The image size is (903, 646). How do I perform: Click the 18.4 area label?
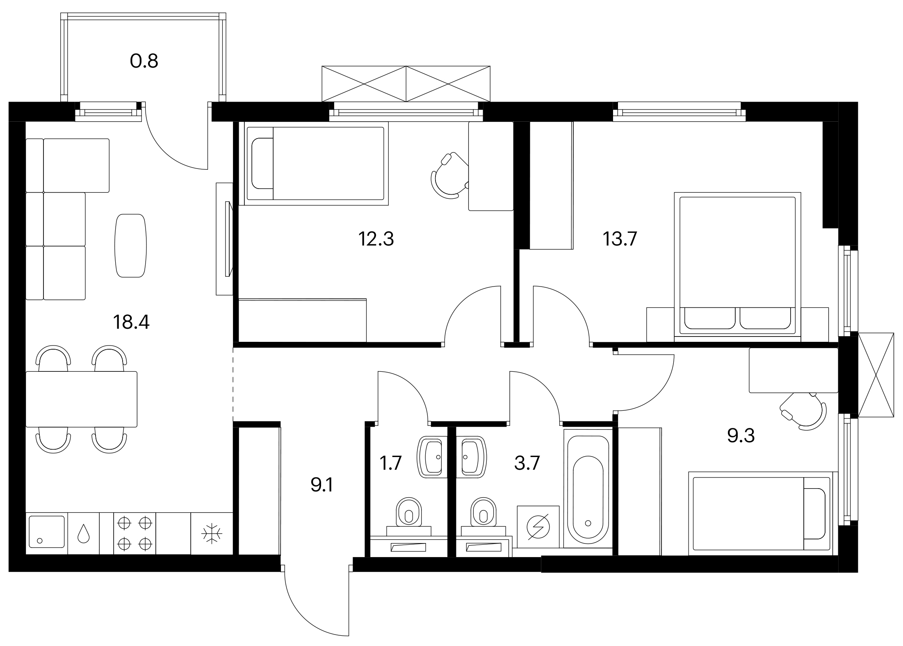tap(131, 322)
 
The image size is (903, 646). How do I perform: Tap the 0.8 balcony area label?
tap(144, 61)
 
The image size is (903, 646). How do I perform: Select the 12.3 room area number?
tap(376, 239)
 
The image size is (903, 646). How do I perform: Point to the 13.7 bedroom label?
tap(620, 239)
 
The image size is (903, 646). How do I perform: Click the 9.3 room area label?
tap(741, 435)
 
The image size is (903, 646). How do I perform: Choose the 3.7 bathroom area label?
tap(527, 464)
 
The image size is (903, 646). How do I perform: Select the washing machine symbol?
tap(538, 527)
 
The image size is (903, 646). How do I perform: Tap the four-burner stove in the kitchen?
tap(135, 533)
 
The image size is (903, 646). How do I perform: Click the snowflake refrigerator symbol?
tap(212, 533)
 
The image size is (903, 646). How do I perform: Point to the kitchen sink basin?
tap(47, 532)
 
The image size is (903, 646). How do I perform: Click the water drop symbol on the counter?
tap(84, 533)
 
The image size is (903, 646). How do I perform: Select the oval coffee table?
tap(130, 246)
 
